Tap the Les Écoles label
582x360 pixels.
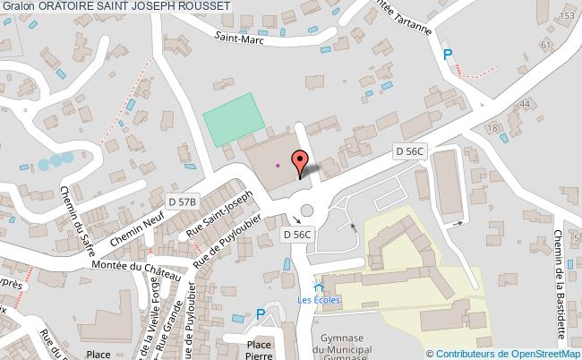(320, 299)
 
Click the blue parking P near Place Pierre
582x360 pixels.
(261, 314)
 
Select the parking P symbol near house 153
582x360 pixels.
(448, 55)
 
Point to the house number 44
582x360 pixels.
(525, 104)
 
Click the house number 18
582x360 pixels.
(492, 128)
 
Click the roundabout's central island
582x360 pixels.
(308, 212)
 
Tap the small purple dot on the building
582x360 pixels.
(278, 165)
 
